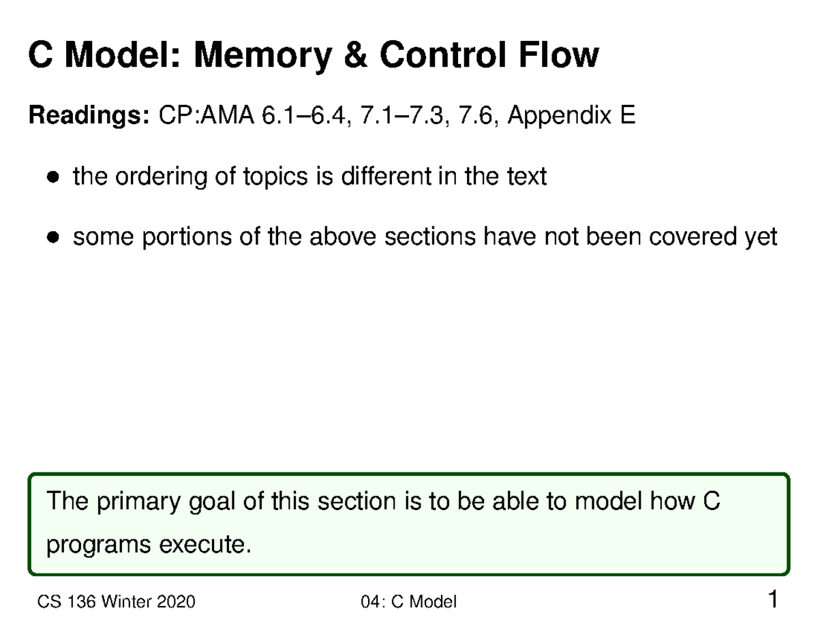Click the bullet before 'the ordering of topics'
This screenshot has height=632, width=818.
tap(52, 178)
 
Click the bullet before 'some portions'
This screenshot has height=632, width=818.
tap(52, 238)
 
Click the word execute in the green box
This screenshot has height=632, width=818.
tap(209, 545)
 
